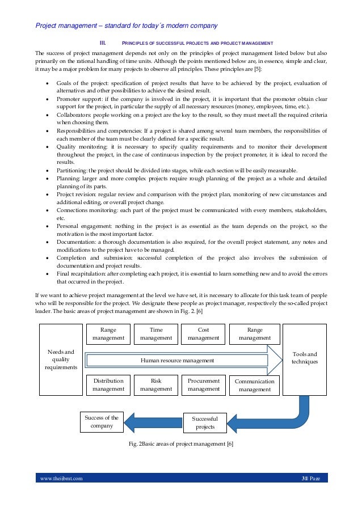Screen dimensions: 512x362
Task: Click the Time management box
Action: (155, 333)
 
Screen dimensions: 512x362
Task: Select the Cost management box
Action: (203, 333)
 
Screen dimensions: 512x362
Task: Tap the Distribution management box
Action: (108, 385)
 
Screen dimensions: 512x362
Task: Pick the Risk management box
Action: (155, 385)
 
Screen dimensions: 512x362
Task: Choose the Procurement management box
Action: (203, 385)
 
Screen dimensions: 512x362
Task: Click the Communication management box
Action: (254, 386)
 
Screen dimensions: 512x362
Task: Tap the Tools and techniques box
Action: (304, 358)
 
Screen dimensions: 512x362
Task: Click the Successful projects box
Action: (205, 423)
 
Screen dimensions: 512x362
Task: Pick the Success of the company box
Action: (101, 422)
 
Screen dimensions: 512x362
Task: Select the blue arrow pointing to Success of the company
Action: (153, 422)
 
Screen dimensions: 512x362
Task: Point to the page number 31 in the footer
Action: (305, 479)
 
